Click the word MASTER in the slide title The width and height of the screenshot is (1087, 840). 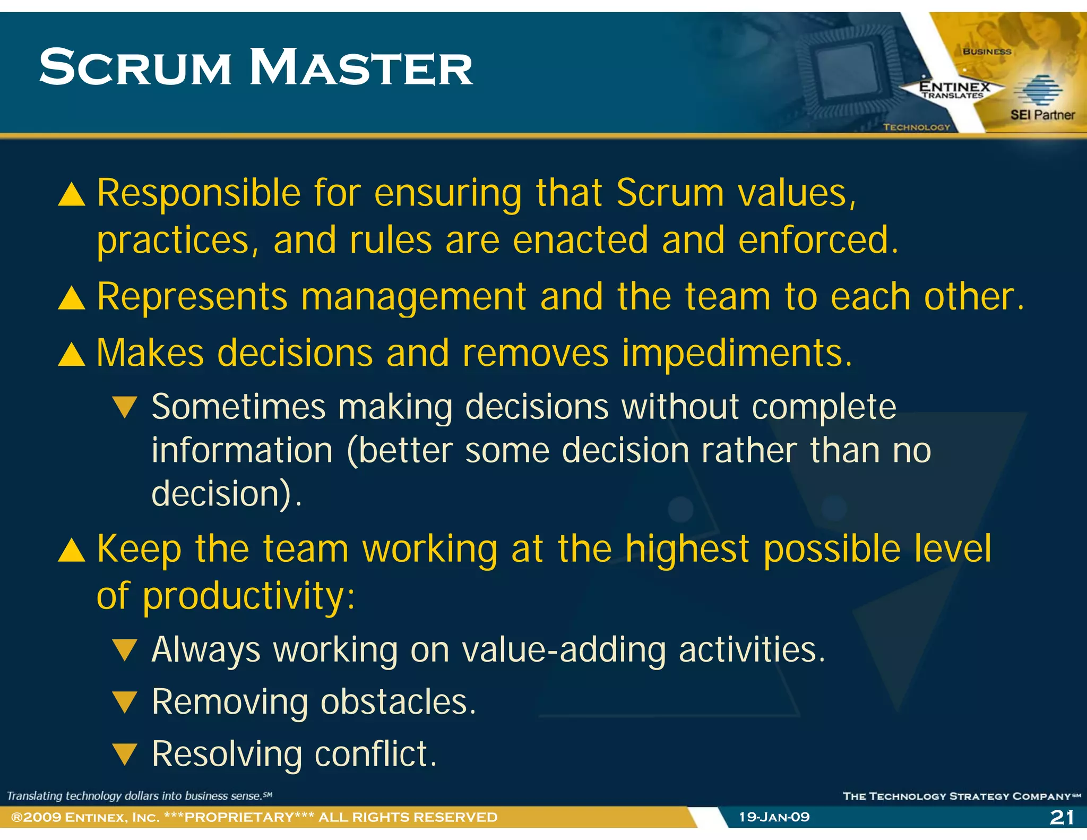click(361, 68)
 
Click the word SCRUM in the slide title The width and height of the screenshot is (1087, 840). click(135, 68)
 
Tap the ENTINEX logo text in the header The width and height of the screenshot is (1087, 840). click(954, 87)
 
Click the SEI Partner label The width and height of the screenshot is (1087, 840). click(1042, 115)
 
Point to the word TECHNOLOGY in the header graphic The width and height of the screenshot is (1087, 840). click(917, 127)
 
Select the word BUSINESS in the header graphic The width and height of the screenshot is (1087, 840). click(987, 52)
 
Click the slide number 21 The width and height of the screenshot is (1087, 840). click(1062, 817)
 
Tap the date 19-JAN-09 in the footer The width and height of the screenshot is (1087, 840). click(774, 817)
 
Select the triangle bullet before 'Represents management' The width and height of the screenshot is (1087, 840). click(72, 298)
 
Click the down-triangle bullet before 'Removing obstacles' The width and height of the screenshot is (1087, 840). click(125, 702)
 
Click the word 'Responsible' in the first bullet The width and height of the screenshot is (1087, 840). click(199, 193)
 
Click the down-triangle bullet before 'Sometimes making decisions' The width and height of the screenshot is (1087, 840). click(125, 407)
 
